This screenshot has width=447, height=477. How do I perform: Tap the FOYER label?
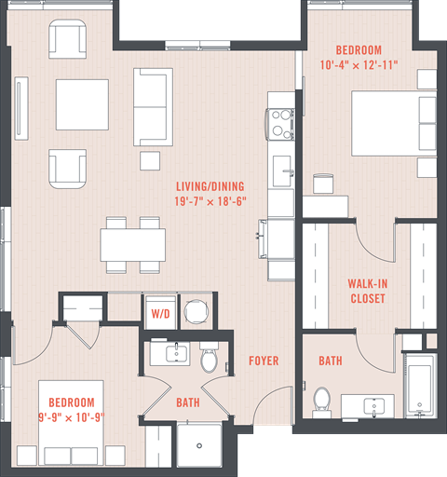click(x=265, y=361)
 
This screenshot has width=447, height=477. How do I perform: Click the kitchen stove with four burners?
click(x=281, y=123)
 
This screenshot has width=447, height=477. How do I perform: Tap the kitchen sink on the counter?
click(x=280, y=171)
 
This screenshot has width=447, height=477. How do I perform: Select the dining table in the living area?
click(x=133, y=245)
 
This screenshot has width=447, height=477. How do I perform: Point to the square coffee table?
click(x=82, y=105)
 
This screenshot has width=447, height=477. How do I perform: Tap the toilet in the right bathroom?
click(x=323, y=400)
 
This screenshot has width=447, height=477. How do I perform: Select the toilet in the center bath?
click(x=209, y=358)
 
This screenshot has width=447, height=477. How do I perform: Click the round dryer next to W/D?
click(x=196, y=312)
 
